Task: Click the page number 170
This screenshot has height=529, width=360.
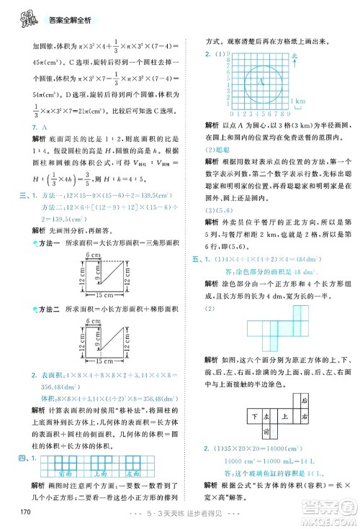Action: click(22, 512)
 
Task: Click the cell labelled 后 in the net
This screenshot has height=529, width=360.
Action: click(305, 400)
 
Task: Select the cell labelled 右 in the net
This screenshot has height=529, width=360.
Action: click(305, 415)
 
